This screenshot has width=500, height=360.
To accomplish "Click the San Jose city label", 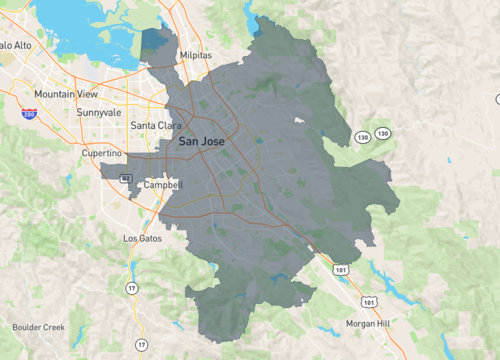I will coord(201,142).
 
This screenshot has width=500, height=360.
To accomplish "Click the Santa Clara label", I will coord(156,125).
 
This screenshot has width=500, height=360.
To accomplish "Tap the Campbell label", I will coord(162,185).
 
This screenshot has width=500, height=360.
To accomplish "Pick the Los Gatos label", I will coord(141,239).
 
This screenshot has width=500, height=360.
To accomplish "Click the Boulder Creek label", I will coord(38,327).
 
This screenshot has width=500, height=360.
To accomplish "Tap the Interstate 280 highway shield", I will coord(30,115).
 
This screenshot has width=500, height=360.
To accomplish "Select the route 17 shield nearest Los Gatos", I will coord(131,288).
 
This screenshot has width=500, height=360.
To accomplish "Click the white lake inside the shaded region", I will coord(298,121).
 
